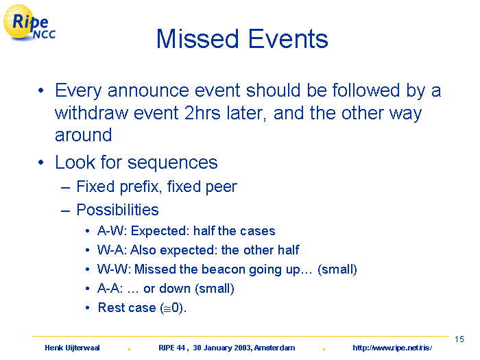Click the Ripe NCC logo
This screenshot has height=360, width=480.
coord(29,23)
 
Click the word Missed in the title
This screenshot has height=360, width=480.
coord(197,39)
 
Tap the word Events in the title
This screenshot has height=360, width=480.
coord(288,39)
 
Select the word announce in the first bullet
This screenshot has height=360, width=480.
coord(149,91)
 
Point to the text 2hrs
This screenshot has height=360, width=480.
coord(202,113)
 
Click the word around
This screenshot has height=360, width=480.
coord(83,135)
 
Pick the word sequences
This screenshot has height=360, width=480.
coord(172,163)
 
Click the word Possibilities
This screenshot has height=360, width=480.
coord(117,210)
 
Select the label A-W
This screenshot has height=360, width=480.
coord(111,231)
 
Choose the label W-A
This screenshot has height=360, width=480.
coord(111,250)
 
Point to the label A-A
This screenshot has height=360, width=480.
coord(108,289)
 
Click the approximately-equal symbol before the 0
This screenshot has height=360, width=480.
coord(167,309)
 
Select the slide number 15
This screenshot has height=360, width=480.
coord(459,339)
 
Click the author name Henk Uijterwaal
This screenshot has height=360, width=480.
coord(72,348)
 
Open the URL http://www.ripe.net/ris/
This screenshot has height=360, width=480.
coord(392,348)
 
